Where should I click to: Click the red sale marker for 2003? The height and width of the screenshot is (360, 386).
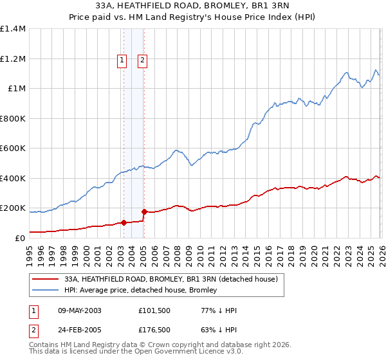[x=123, y=223]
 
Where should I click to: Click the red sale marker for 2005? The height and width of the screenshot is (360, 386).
[x=143, y=212]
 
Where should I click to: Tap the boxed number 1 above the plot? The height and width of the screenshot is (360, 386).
[x=122, y=61]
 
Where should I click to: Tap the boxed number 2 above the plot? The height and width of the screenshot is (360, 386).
[x=142, y=61]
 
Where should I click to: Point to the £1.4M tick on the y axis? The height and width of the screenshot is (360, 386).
[x=13, y=29]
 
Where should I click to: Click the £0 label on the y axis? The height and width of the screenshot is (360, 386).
[x=20, y=239]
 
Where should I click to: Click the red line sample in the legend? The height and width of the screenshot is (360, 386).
[x=46, y=280]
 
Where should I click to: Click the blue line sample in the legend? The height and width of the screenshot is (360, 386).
[x=46, y=291]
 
